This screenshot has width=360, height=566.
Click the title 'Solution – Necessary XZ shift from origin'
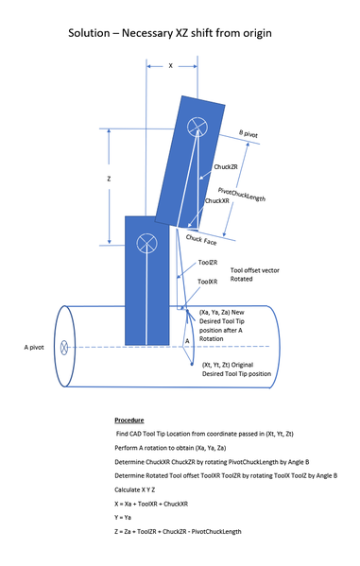170,33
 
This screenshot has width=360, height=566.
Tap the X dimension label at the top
170,66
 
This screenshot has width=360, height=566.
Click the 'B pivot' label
249,134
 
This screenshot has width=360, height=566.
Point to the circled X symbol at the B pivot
197,126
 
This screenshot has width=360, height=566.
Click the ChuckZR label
225,167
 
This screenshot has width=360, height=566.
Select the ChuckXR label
217,200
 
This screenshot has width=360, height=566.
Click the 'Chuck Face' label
201,240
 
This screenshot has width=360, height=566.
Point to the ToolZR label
208,262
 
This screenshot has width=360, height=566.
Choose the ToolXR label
208,281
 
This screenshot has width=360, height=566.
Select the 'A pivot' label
36,347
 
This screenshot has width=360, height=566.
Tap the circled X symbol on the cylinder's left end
63,347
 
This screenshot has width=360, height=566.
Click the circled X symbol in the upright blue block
146,243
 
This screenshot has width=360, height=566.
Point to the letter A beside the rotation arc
187,339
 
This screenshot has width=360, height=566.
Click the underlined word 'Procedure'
129,418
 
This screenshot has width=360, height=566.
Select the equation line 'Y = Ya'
124,517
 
